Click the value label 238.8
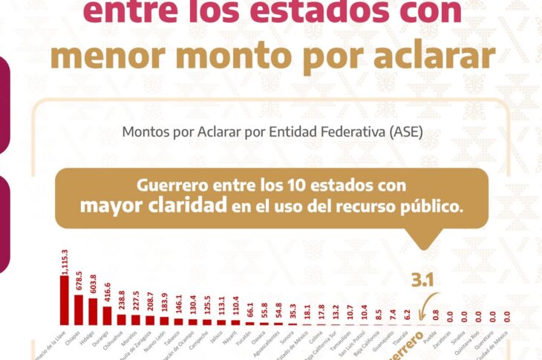tap(120, 300)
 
